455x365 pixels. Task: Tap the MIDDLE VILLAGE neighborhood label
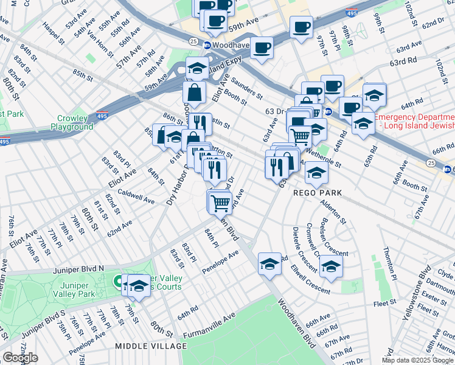151,346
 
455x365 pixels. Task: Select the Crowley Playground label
76,122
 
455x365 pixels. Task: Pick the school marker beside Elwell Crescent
331,267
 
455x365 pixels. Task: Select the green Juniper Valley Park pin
117,282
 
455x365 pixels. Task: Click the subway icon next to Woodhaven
207,46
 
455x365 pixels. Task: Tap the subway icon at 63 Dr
328,111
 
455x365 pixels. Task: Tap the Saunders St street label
246,88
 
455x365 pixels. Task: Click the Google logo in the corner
20,358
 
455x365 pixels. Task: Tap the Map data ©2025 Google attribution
417,360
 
